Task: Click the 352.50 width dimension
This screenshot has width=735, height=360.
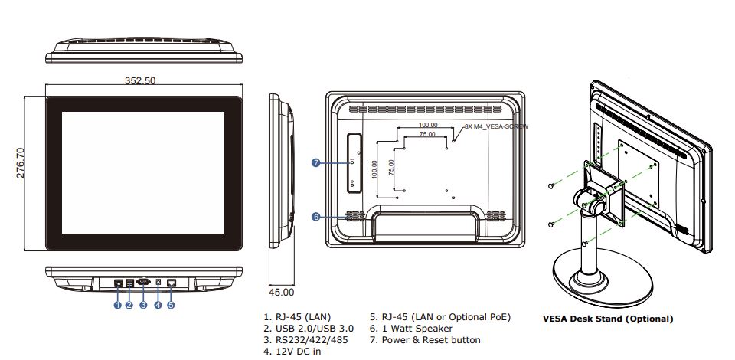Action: pos(140,80)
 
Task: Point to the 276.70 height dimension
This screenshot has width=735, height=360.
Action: pos(21,162)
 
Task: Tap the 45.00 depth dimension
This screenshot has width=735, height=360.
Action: pos(281,292)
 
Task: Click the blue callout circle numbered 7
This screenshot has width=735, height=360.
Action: pos(316,162)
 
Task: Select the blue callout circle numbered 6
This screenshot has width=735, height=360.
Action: pos(316,217)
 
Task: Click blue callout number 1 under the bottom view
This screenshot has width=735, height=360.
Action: pos(117,305)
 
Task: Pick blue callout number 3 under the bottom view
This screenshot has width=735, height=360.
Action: pos(143,305)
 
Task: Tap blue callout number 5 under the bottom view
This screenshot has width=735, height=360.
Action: pos(171,305)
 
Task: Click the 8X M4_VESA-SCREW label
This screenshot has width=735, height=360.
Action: pos(496,126)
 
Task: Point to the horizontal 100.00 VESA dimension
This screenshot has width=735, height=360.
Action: pos(428,125)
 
